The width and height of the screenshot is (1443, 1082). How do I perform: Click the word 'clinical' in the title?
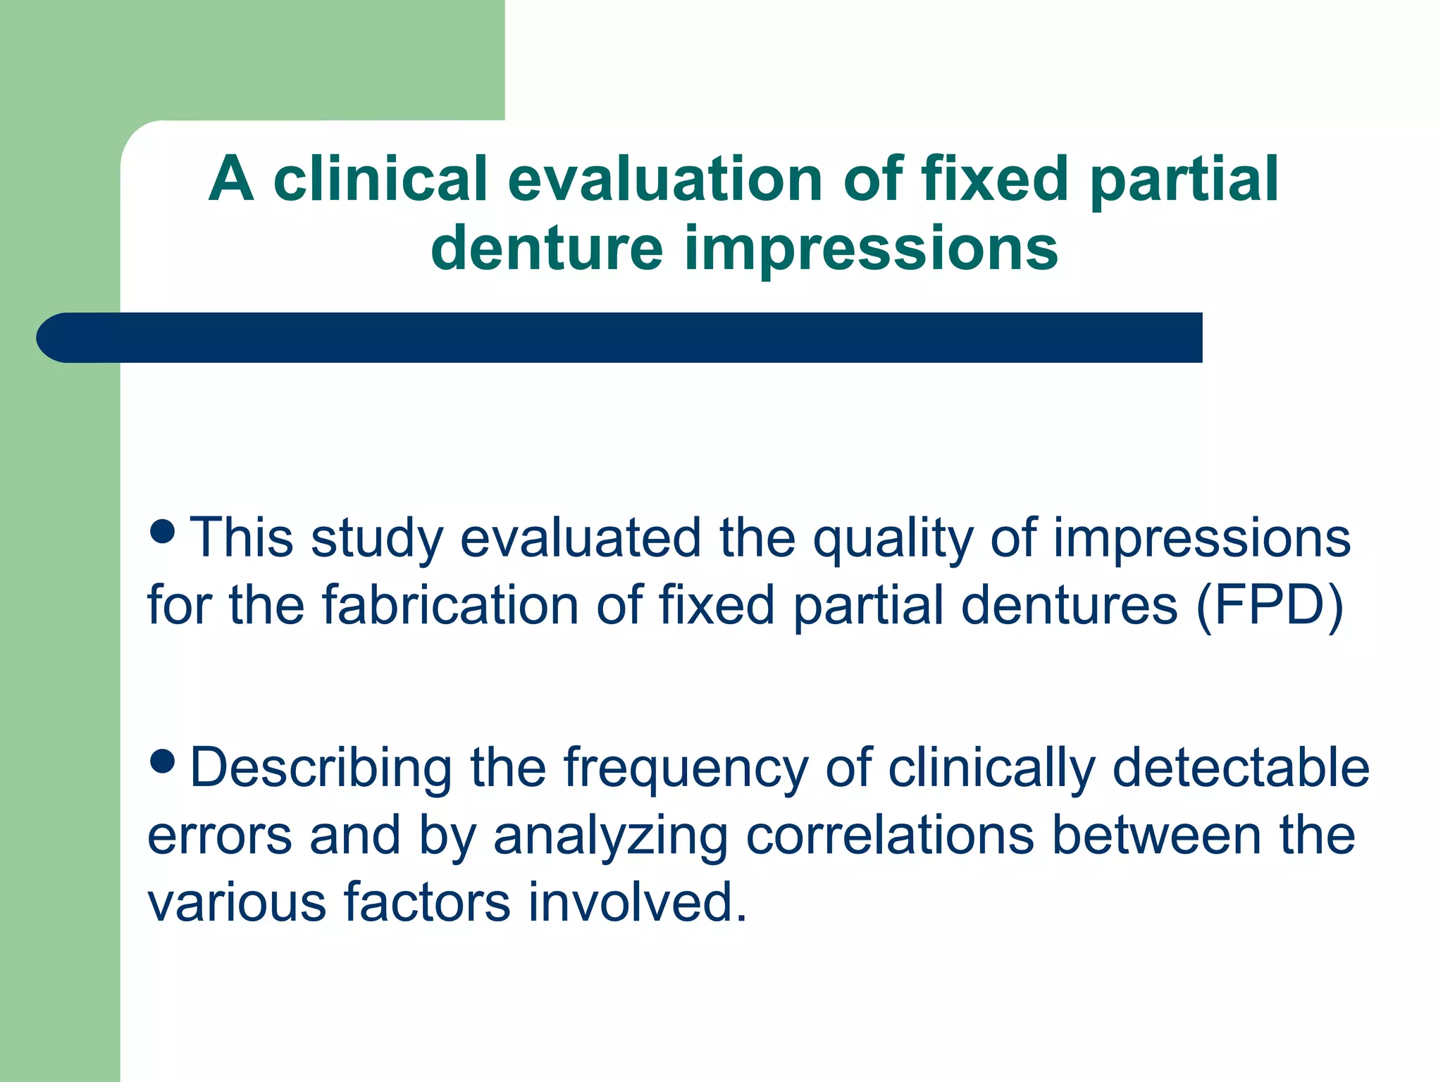(x=380, y=179)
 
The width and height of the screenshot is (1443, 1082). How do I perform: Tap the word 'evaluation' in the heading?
(x=664, y=179)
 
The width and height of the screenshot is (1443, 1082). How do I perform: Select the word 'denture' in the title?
(x=547, y=248)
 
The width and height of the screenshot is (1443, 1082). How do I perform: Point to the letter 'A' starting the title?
(x=231, y=179)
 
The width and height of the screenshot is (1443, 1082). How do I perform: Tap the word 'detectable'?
(x=1240, y=768)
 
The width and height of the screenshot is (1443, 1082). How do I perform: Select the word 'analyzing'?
(x=609, y=836)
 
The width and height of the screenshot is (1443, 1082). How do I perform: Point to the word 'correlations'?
(x=889, y=835)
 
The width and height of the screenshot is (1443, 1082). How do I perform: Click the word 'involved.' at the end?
(x=637, y=902)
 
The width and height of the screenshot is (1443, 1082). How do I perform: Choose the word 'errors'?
(x=219, y=836)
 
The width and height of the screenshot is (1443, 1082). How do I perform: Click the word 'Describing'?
(x=321, y=769)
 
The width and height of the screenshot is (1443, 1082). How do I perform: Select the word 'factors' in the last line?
(x=426, y=902)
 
